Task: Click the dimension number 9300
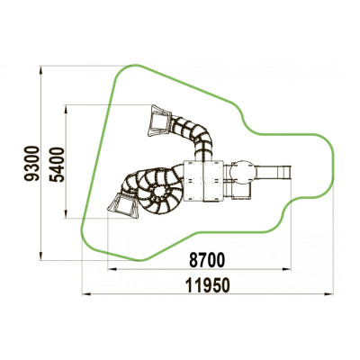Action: coord(31,163)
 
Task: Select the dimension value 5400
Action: coord(57,165)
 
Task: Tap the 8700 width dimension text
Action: coord(207,260)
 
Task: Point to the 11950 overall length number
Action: coord(208,285)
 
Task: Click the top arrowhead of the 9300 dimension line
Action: coord(41,70)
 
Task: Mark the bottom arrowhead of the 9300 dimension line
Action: coord(41,256)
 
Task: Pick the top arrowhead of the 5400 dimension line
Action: coord(67,109)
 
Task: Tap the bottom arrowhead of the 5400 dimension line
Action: coord(67,213)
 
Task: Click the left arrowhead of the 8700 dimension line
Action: coord(112,269)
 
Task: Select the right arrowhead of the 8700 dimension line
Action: coord(287,269)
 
